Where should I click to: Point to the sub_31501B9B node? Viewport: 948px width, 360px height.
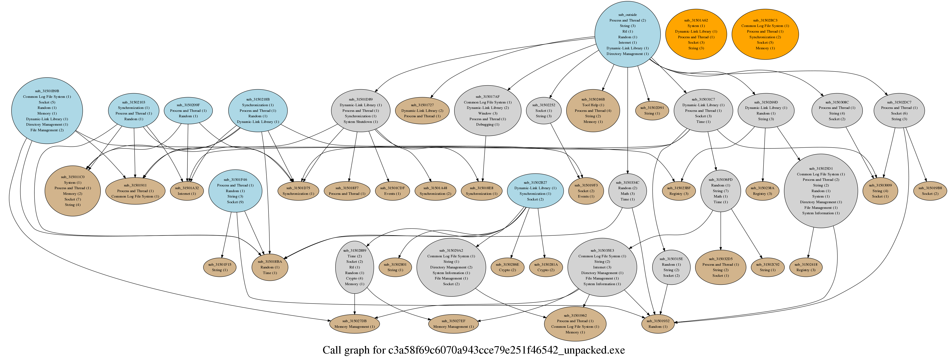47,110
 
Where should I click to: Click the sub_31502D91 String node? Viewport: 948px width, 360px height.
652,110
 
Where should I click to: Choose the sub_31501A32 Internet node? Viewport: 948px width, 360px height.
187,191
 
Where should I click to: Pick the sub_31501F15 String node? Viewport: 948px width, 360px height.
220,267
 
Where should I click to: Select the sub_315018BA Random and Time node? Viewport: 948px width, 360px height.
270,267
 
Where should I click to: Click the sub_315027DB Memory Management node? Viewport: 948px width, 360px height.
354,324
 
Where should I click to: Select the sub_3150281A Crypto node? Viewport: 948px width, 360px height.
546,267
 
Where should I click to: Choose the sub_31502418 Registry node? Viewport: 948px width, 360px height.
805,267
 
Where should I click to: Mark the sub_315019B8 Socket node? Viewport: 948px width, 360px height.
930,191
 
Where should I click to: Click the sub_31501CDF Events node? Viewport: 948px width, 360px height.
392,191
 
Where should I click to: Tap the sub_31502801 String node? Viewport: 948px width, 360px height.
395,267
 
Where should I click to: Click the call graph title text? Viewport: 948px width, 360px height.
474,350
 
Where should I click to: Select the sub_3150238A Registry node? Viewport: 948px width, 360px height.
762,191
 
